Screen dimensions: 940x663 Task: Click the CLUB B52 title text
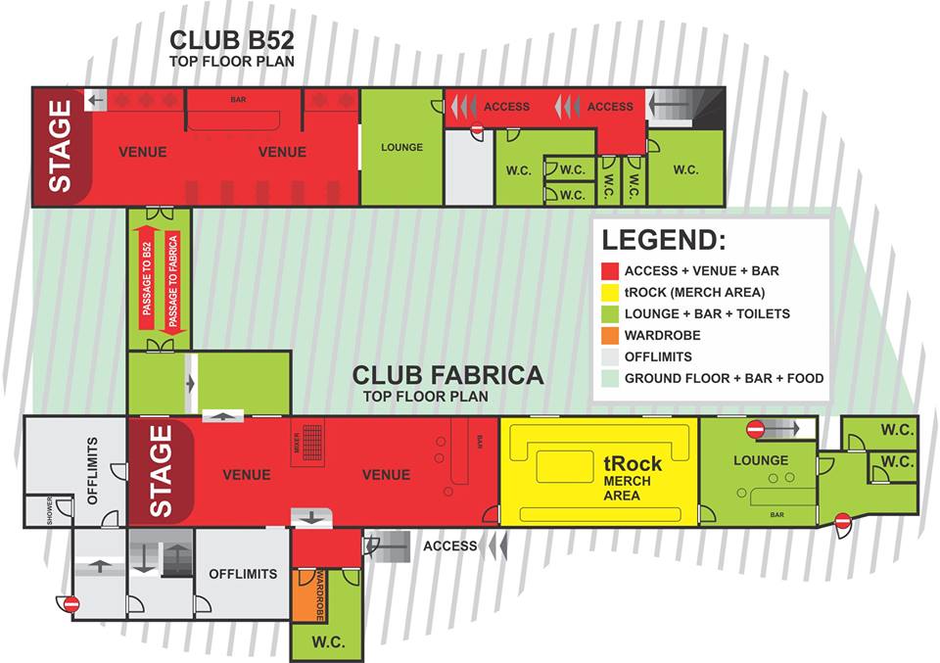coord(232,40)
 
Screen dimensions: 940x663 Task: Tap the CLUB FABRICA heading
coord(447,375)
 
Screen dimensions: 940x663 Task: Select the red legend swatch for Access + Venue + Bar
coord(610,271)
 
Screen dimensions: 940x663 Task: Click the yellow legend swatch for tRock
coord(610,293)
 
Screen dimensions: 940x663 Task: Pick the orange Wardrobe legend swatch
coord(610,336)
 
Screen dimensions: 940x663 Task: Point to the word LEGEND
coord(664,240)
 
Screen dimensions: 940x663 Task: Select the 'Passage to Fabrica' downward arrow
coord(173,283)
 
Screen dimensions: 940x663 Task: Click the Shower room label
coord(50,511)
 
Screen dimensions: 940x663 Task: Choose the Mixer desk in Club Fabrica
coord(307,443)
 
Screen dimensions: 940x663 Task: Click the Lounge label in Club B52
coord(401,147)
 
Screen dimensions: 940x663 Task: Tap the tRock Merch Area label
coord(632,478)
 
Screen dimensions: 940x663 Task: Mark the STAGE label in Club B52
coord(60,146)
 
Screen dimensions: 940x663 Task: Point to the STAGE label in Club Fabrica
coord(161,471)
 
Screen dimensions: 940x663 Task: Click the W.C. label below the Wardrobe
coord(328,642)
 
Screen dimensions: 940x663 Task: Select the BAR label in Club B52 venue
coord(238,100)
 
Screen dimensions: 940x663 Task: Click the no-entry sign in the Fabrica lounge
coord(755,429)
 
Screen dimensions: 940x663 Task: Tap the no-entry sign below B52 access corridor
coord(477,129)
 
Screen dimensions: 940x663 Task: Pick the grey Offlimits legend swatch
coord(610,357)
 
